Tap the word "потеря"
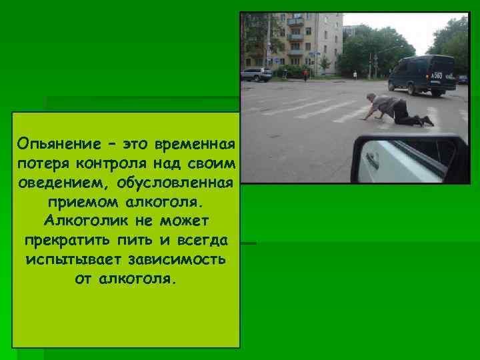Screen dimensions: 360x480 point(43,163)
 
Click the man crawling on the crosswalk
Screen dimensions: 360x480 point(396,111)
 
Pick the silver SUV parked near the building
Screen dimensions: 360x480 point(256,74)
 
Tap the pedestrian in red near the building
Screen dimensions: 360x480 point(306,75)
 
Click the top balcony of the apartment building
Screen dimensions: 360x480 point(295,21)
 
